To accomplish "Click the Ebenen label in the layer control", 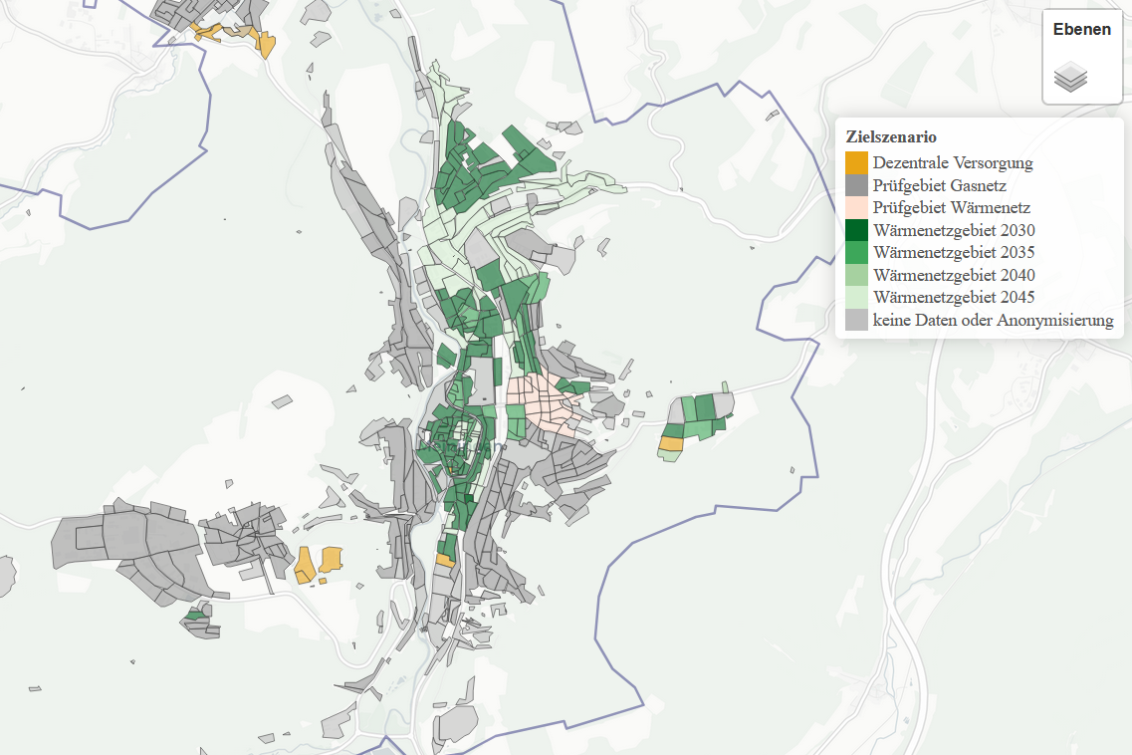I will (x=1081, y=30).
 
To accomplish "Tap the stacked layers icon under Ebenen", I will (x=1070, y=77).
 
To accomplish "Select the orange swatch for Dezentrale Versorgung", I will (x=856, y=162).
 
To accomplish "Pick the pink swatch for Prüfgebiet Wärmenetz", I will (x=856, y=208).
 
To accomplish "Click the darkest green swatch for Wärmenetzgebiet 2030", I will (x=856, y=230).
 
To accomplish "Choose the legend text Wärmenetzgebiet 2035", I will (x=953, y=252).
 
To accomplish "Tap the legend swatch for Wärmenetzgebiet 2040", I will (x=856, y=275).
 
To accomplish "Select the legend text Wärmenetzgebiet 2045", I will (x=953, y=297).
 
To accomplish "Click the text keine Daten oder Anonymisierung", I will (x=993, y=320).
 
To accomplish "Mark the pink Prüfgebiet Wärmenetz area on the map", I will (x=543, y=402).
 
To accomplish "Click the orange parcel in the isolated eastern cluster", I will (x=671, y=443).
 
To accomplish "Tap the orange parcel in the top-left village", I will (x=266, y=44).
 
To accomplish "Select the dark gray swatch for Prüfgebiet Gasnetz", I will (x=856, y=185).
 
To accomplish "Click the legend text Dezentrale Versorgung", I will (x=952, y=162).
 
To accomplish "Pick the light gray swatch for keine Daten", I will (x=856, y=320).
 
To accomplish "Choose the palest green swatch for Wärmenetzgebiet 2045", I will (x=856, y=297).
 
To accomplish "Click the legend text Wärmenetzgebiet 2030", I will (x=953, y=230).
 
